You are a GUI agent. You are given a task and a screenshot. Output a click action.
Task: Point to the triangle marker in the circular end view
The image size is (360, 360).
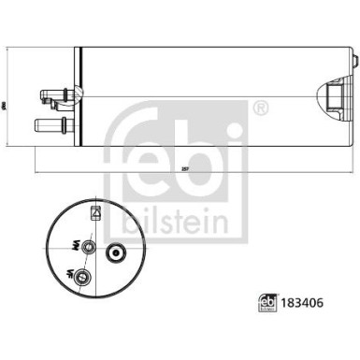[x=95, y=214]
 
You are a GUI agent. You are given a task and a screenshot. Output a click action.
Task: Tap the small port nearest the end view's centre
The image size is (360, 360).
[x=88, y=246]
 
